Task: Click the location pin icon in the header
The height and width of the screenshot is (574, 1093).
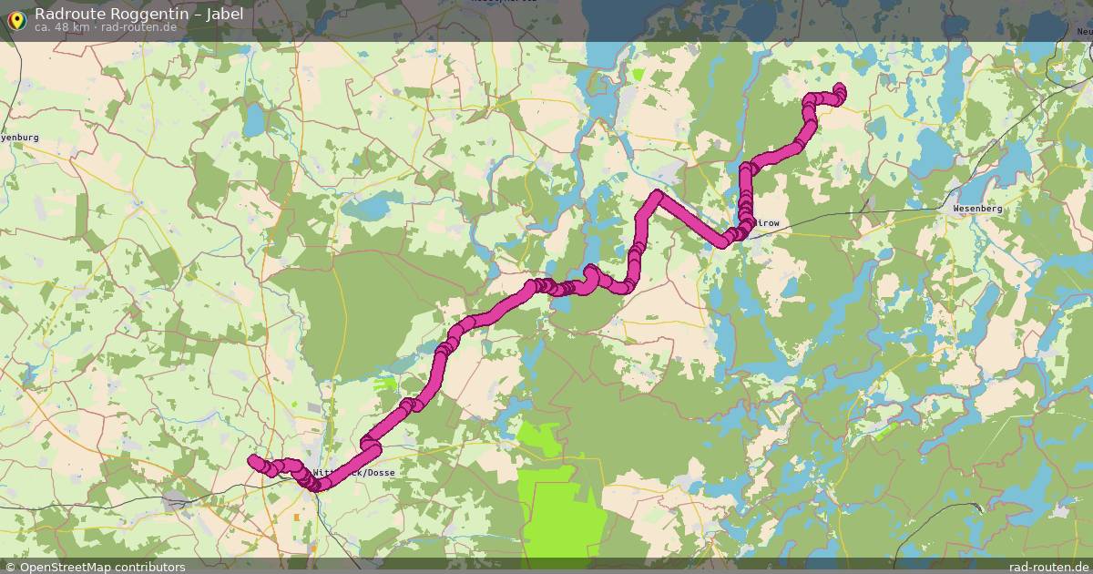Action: pyautogui.click(x=15, y=20)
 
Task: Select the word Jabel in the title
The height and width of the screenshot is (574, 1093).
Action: pyautogui.click(x=224, y=14)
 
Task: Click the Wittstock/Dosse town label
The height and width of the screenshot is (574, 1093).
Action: pyautogui.click(x=355, y=474)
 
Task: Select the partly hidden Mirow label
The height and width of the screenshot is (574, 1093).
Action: pyautogui.click(x=765, y=222)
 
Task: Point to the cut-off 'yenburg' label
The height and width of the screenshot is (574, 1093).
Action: pyautogui.click(x=19, y=137)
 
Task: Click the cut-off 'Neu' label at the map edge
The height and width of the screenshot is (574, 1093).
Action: pyautogui.click(x=1084, y=33)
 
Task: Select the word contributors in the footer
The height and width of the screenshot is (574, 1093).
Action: pyautogui.click(x=154, y=567)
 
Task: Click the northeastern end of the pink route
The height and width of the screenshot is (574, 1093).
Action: pyautogui.click(x=839, y=88)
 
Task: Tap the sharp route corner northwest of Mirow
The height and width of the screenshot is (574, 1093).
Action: pyautogui.click(x=656, y=195)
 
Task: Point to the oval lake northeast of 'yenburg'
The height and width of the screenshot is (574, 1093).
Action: pyautogui.click(x=253, y=119)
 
